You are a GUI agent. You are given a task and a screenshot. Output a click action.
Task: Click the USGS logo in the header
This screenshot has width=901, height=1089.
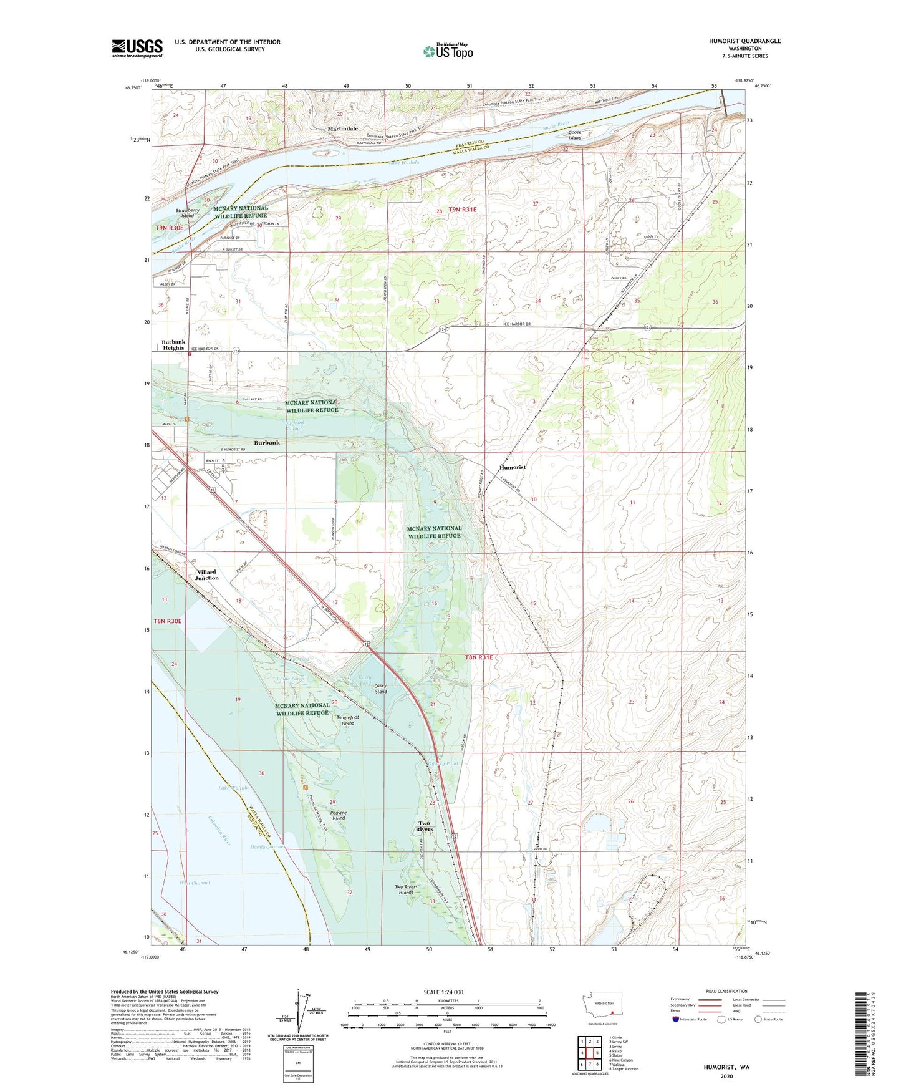point(137,48)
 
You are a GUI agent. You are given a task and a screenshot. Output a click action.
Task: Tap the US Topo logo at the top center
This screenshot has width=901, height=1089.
point(447,51)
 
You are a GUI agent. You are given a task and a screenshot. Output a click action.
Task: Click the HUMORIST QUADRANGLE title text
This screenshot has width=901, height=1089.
point(744,41)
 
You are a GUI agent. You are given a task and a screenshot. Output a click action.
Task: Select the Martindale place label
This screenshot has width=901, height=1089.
point(343,128)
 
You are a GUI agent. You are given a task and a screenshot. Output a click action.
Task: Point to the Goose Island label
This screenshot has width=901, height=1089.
point(574,135)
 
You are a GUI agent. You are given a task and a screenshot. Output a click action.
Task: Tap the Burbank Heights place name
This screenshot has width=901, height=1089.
point(173,345)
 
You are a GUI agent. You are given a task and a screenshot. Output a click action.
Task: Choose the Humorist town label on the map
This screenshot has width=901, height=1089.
point(512,467)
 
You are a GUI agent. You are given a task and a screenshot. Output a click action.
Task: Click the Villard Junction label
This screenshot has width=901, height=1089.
point(206,574)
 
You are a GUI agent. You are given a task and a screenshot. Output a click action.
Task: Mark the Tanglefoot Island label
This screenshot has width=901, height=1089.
point(348,720)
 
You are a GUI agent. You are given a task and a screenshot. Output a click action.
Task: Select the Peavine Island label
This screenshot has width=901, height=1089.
point(339,815)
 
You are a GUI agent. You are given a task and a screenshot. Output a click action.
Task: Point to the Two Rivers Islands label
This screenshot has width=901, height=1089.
point(406,889)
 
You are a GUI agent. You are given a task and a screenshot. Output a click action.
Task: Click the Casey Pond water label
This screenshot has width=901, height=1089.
point(365,680)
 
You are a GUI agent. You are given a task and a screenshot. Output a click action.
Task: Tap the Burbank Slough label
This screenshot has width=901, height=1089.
point(295,425)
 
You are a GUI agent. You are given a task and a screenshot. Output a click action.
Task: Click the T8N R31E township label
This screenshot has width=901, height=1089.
point(479,657)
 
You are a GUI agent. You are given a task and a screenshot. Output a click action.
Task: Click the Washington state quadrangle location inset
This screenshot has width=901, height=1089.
point(602,1007)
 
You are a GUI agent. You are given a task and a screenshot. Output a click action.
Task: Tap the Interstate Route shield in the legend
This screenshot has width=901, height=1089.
point(677,1019)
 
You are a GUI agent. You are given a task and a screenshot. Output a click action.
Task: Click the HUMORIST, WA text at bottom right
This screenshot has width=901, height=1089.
point(726,1067)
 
